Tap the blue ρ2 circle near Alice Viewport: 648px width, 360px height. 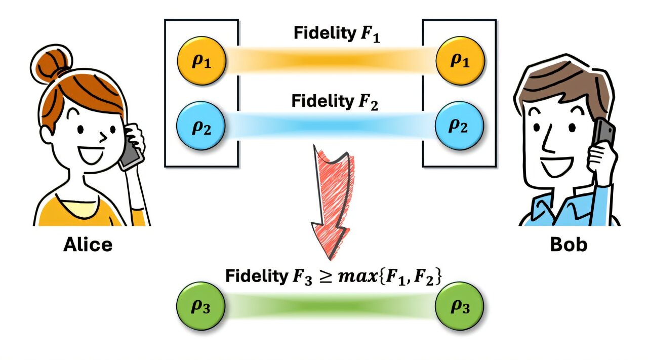click(x=201, y=126)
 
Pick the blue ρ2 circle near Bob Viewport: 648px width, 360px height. click(x=460, y=126)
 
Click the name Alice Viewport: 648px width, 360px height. click(x=88, y=245)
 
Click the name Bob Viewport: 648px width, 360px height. click(x=569, y=245)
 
